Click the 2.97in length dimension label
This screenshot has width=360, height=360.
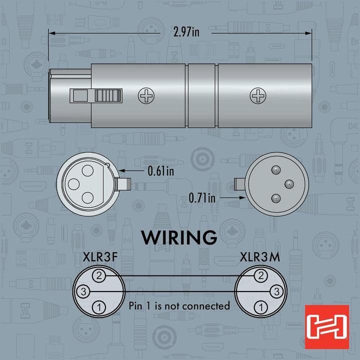pos(186,32)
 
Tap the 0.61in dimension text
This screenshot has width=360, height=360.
pos(160,171)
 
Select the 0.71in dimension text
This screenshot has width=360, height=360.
pos(202,198)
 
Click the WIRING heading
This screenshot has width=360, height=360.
pos(179,237)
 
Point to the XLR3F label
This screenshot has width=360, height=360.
pos(100,257)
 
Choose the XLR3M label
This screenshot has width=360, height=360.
pos(260,257)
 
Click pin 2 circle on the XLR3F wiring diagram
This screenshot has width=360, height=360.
pos(99,275)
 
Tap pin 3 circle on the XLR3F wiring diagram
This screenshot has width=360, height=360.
pos(83,291)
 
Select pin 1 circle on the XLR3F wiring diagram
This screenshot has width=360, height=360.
pos(99,307)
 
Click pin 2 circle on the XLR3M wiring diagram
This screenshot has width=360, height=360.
pos(261,275)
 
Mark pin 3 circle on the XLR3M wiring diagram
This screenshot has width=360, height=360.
pos(276,291)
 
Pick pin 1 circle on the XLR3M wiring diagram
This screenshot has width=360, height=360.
pos(261,307)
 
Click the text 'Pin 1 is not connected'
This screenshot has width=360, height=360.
pos(179,306)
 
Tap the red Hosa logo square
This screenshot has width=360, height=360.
pos(327,327)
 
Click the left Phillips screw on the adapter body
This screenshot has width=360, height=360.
pos(146,95)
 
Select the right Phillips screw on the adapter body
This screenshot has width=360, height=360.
pos(258,95)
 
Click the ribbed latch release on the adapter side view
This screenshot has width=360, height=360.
pos(108,95)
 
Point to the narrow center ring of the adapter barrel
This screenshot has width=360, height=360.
pos(201,95)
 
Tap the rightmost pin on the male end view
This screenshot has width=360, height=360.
pos(289,184)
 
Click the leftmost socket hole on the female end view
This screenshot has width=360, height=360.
pos(73,184)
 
